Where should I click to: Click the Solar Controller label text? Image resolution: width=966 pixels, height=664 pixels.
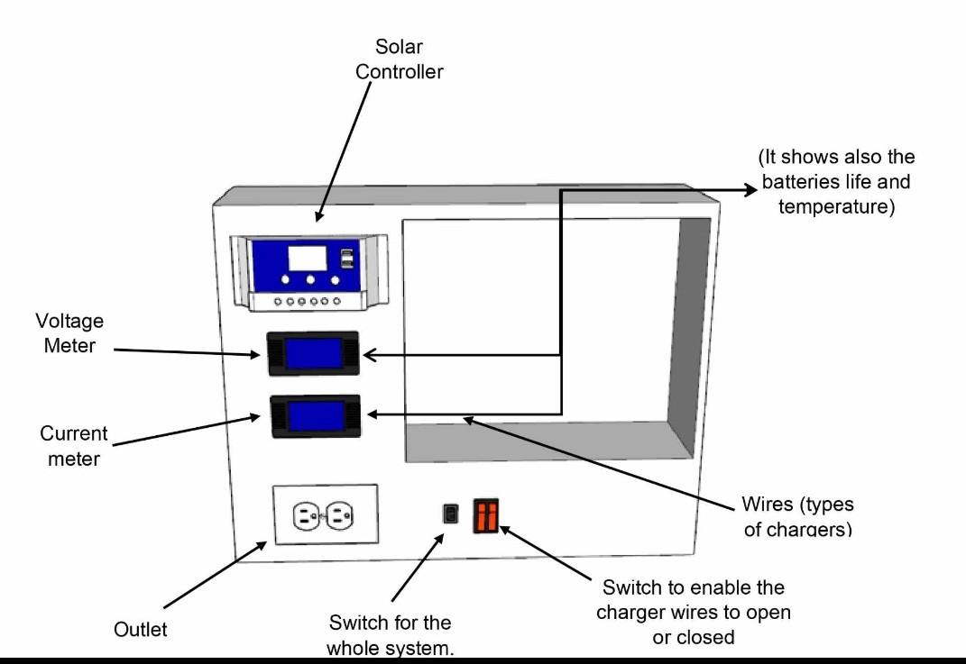click(x=399, y=59)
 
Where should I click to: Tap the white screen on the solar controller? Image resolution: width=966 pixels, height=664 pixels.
click(x=307, y=259)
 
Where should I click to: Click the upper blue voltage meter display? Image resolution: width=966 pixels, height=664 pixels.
click(x=314, y=352)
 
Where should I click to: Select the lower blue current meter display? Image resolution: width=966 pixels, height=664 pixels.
click(x=315, y=416)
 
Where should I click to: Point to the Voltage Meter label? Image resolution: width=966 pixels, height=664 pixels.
click(x=69, y=332)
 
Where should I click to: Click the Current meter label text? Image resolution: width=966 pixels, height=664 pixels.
click(x=73, y=445)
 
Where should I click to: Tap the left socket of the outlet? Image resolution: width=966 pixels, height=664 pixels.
click(x=306, y=516)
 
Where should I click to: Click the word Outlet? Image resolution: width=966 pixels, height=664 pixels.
click(x=140, y=630)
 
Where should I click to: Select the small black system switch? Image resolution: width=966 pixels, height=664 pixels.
click(x=449, y=514)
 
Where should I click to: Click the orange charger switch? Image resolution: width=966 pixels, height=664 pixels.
click(x=485, y=516)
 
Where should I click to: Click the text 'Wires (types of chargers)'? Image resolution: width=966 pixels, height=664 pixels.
click(x=797, y=516)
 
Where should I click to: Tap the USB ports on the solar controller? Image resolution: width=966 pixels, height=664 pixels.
click(x=346, y=259)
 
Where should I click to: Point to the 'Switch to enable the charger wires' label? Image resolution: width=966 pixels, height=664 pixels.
click(x=693, y=612)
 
